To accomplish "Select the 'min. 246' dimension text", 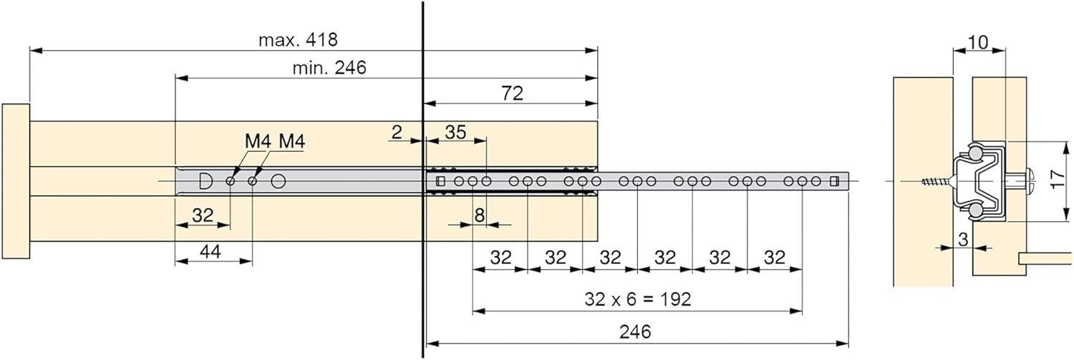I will click(x=329, y=68).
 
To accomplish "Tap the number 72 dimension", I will click(x=513, y=93).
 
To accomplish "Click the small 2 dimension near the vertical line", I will click(x=397, y=132).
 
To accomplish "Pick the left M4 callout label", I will click(x=258, y=141).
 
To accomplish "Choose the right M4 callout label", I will click(x=291, y=141).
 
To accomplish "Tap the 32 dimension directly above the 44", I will click(x=203, y=215).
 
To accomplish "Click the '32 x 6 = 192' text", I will click(x=637, y=299).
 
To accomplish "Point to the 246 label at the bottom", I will click(x=636, y=332).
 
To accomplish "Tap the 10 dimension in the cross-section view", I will click(x=979, y=42).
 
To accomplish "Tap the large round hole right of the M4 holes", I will click(x=278, y=181).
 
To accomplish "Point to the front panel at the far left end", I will click(x=15, y=181).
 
